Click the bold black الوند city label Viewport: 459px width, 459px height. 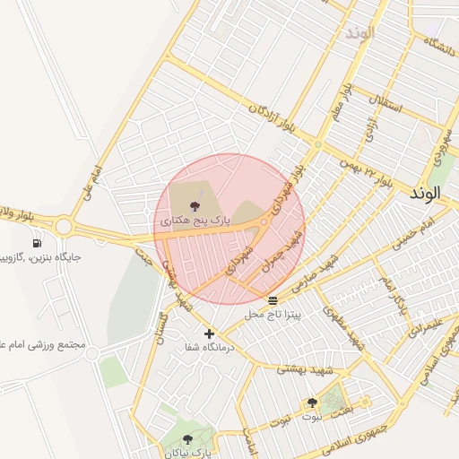point(424,193)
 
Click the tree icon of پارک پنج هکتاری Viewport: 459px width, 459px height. point(195,207)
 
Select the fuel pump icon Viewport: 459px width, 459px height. point(37,243)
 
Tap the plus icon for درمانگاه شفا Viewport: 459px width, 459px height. point(210,333)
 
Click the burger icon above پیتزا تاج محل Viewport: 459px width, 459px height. point(273,299)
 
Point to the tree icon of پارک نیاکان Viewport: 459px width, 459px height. point(187,439)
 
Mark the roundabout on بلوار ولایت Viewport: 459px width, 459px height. point(63,226)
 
